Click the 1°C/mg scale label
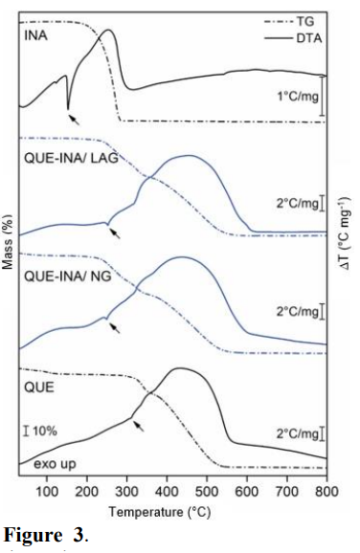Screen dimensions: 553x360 coord(294,96)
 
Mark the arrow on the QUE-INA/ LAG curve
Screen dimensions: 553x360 coord(115,232)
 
